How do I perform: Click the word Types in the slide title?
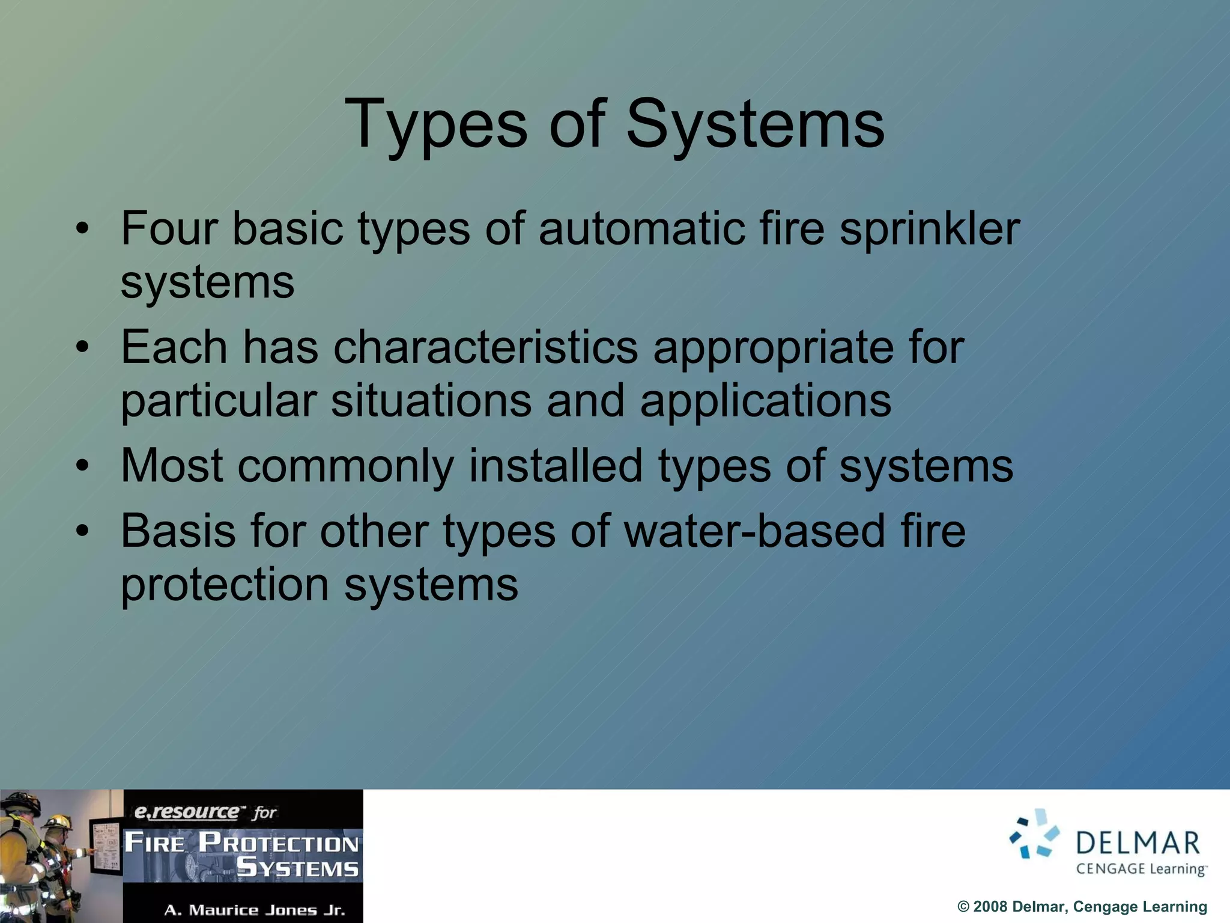pos(435,125)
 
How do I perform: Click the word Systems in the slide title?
pos(755,125)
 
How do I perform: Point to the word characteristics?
pos(485,347)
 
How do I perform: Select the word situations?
pos(431,401)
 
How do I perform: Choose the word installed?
pos(556,466)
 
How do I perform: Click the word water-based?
pos(755,531)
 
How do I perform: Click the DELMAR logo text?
pos(1138,843)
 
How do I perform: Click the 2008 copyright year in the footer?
pos(989,907)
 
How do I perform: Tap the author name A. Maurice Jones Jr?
pos(255,910)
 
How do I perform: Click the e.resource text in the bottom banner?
pos(186,812)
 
